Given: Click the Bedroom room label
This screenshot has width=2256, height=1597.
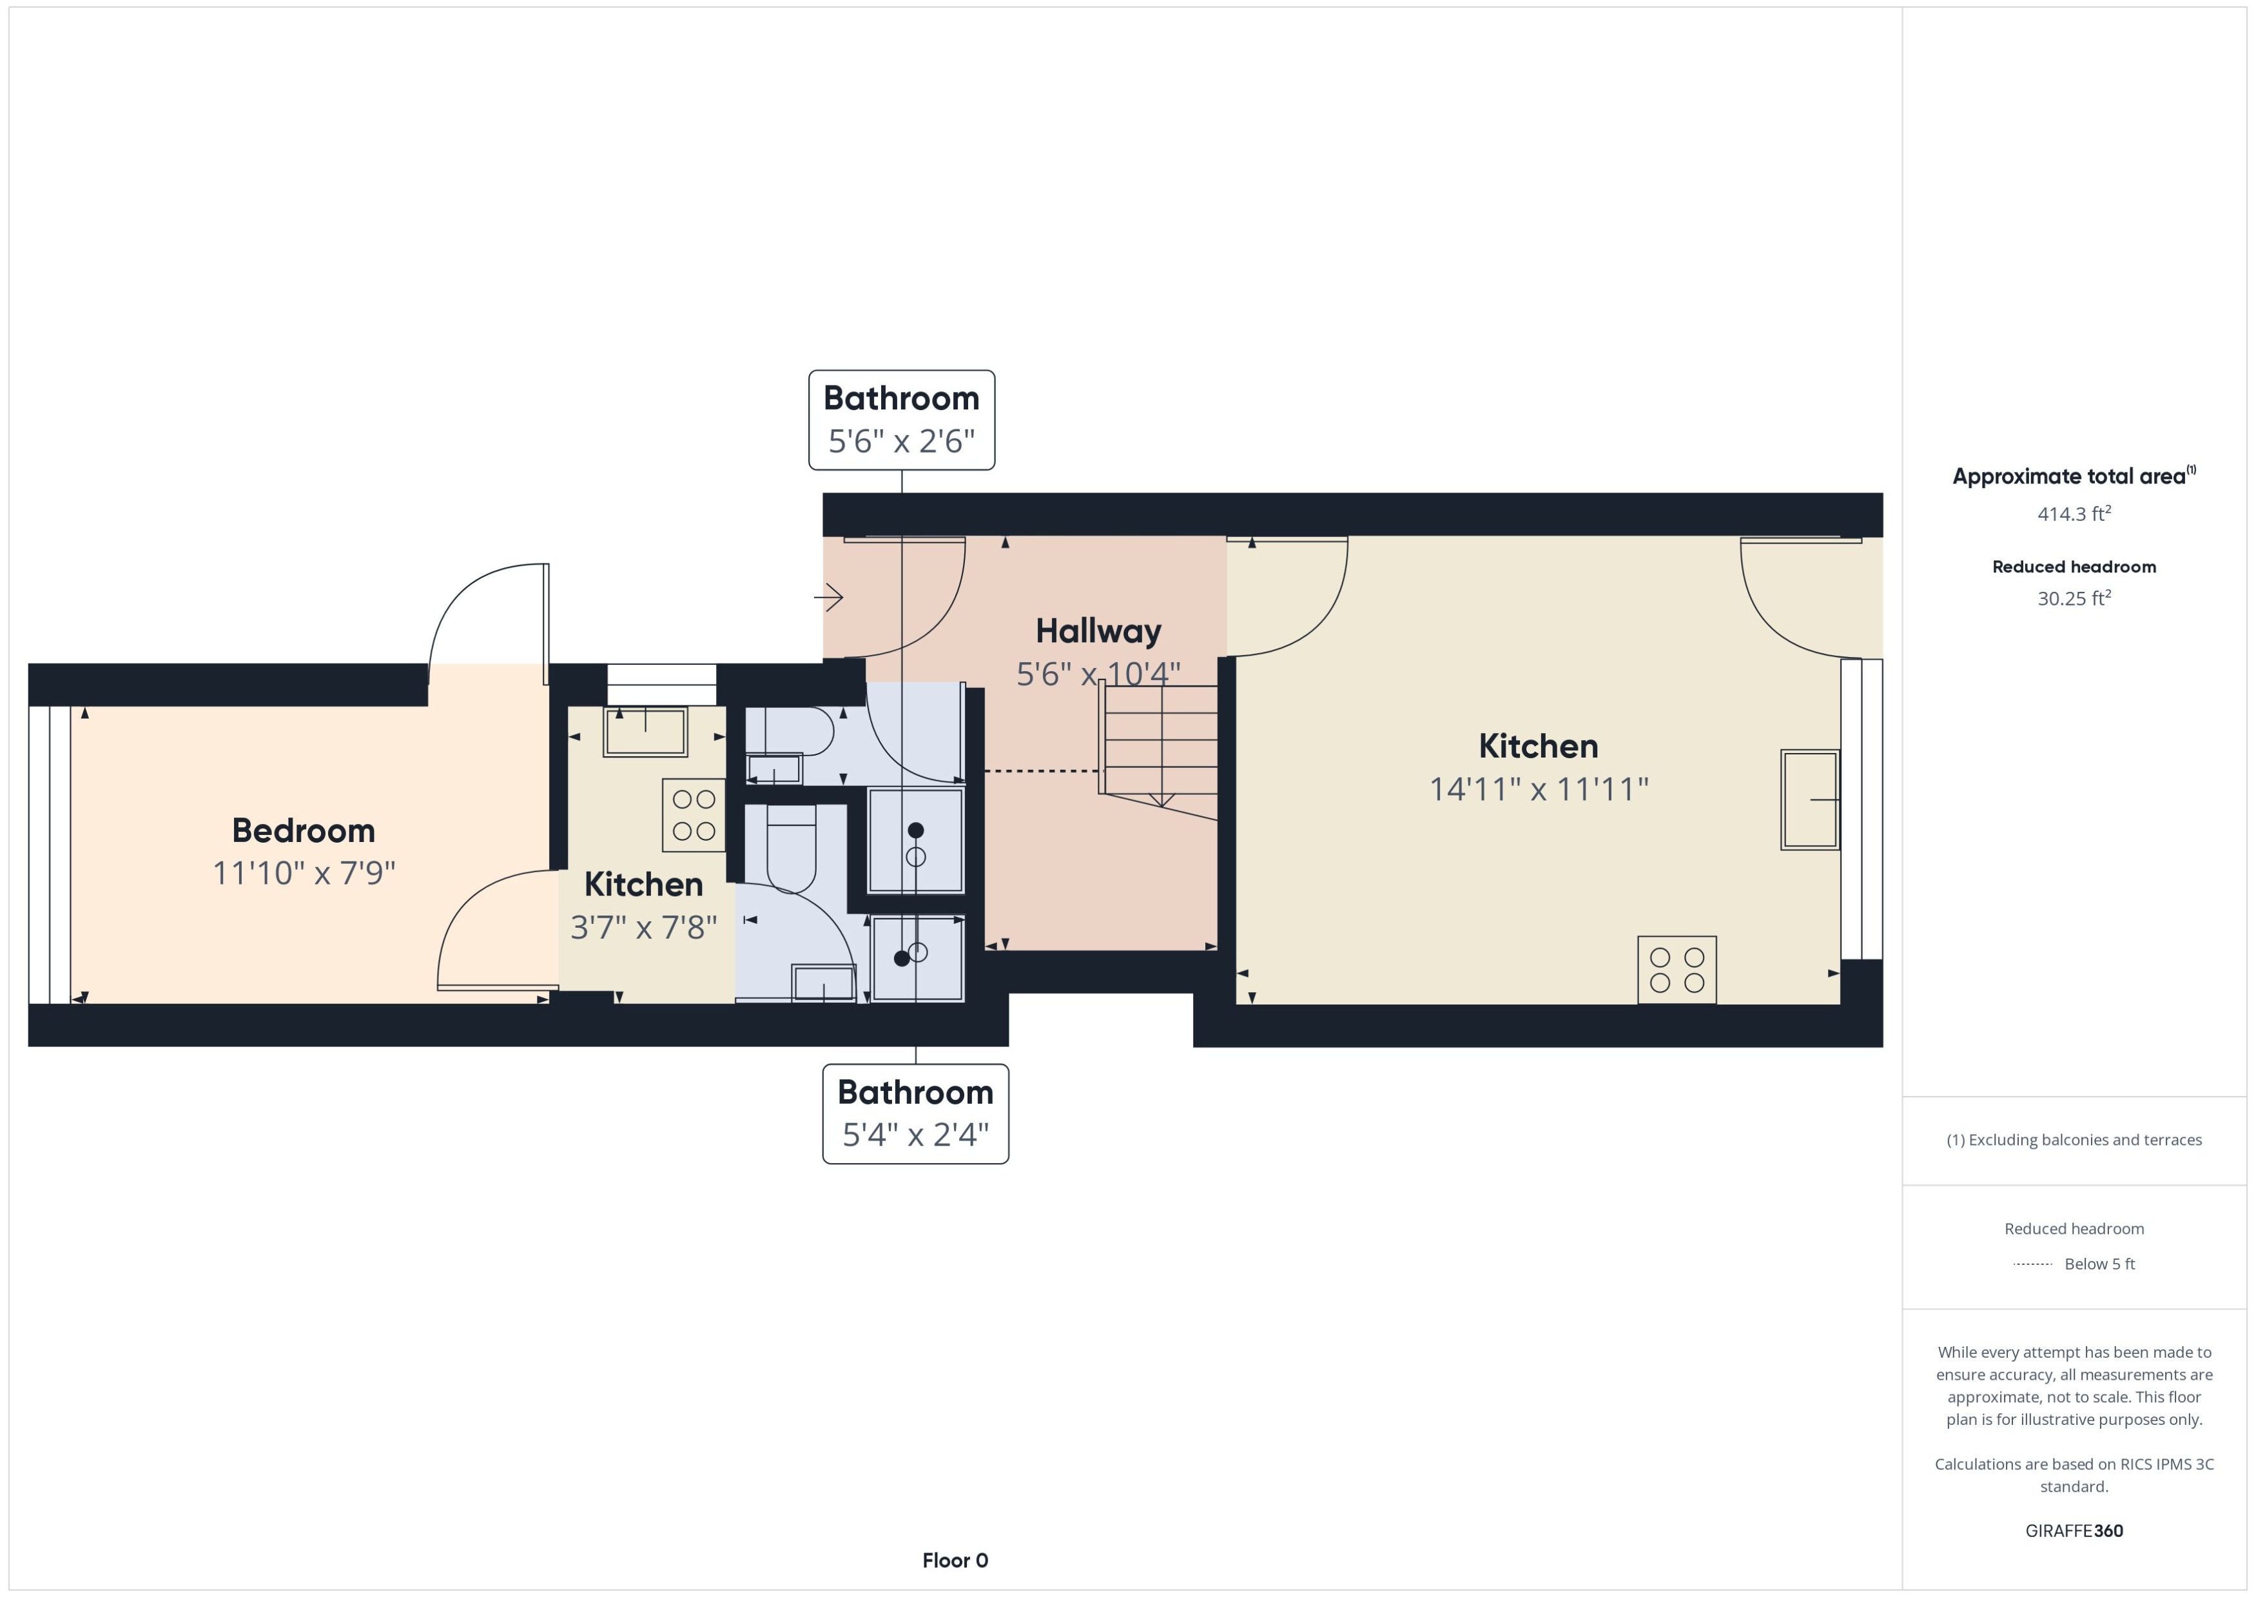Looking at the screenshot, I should point(303,830).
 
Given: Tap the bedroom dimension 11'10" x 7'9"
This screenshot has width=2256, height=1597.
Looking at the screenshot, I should point(304,873).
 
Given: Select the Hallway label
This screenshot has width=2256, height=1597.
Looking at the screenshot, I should point(1098,631).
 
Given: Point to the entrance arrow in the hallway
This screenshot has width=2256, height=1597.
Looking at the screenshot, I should point(829,597).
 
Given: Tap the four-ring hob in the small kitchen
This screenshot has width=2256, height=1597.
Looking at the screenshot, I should point(693,815).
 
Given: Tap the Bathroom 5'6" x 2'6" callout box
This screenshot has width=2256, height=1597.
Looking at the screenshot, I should point(900,420).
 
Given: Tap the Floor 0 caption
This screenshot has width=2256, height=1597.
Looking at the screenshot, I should point(955,1560).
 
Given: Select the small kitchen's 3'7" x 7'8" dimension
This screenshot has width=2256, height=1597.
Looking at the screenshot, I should point(644,927).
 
